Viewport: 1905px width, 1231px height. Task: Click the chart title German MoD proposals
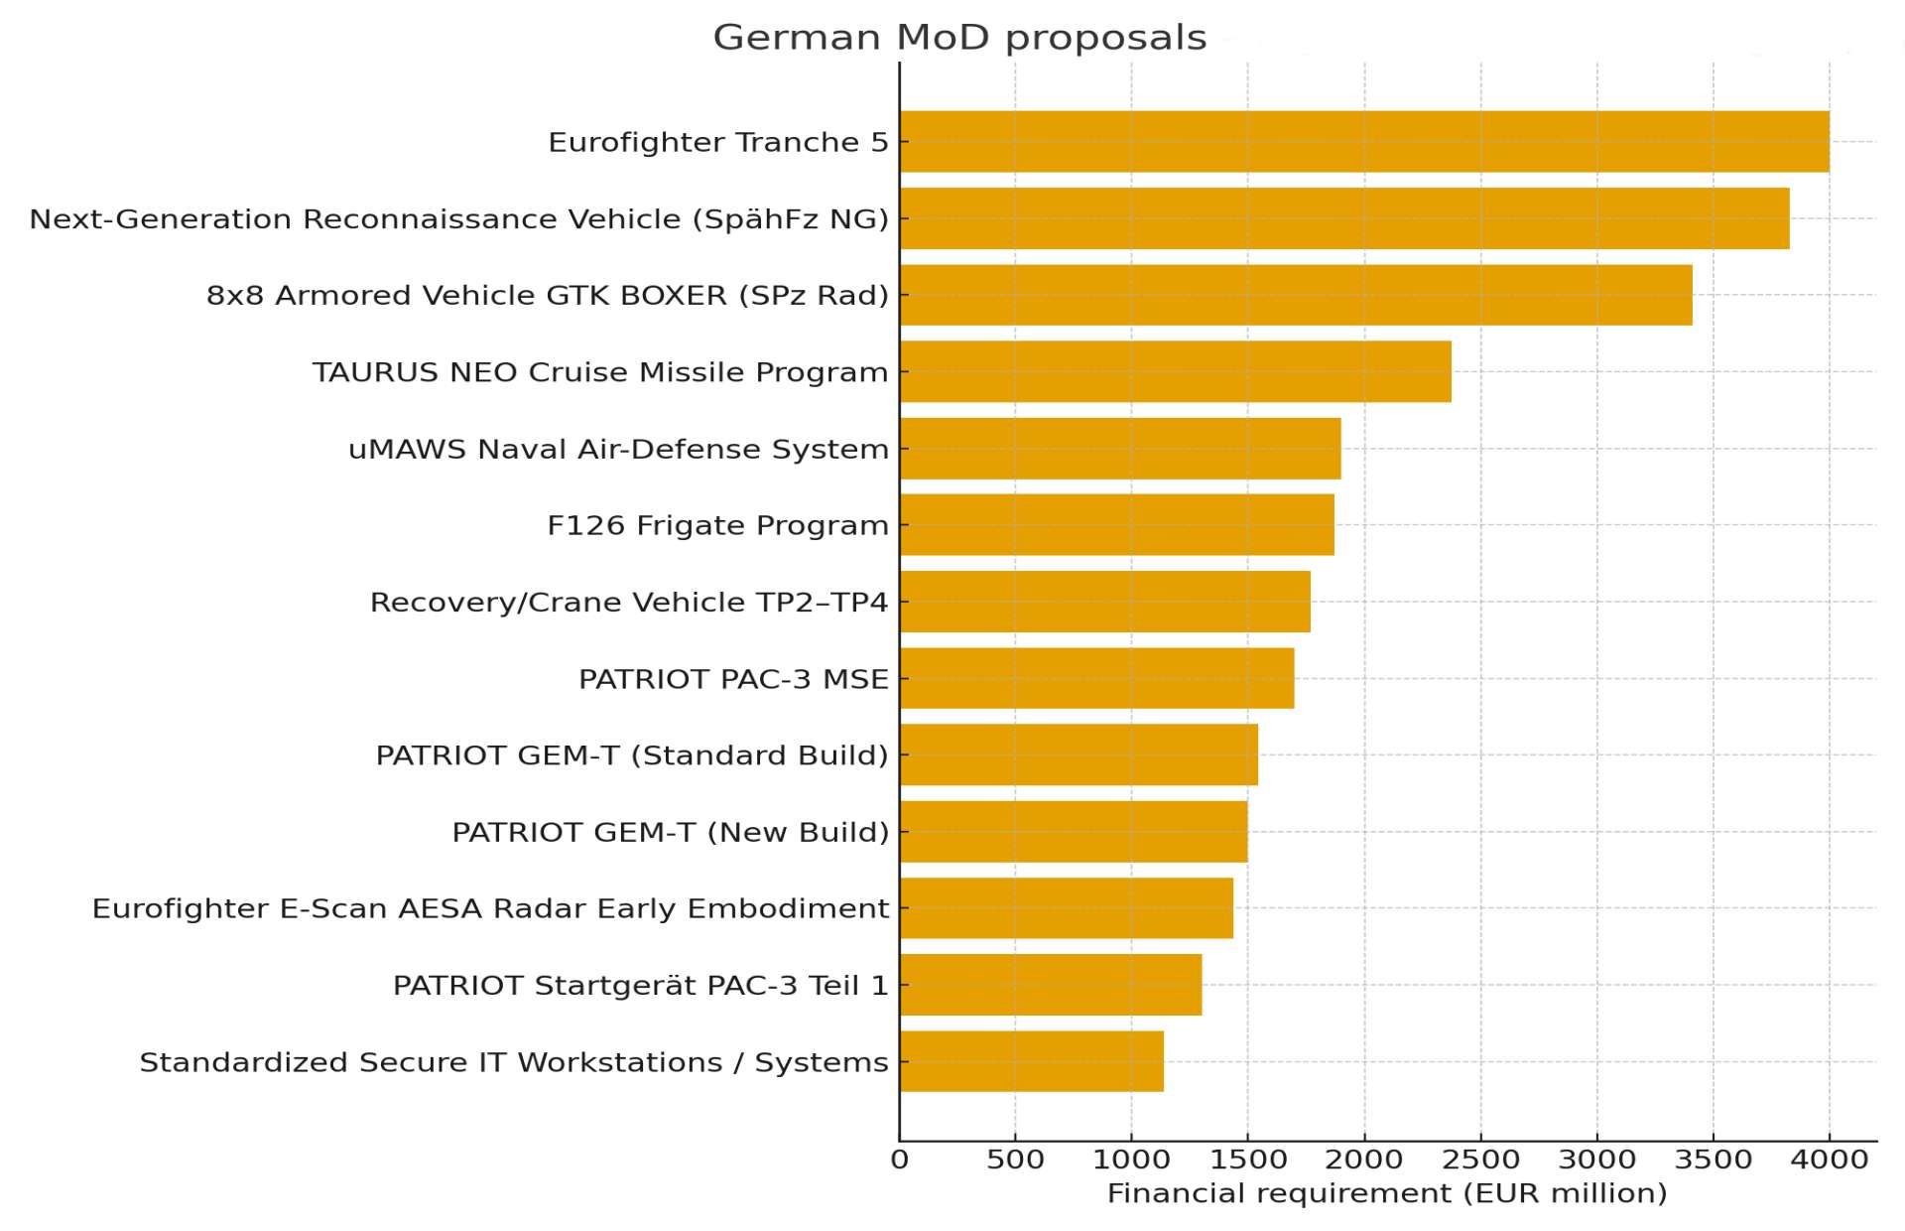click(959, 38)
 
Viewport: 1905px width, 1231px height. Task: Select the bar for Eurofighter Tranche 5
click(1364, 142)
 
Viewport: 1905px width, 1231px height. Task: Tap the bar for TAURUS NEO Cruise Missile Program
click(1175, 371)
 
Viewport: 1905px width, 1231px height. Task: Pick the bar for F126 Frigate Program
click(1116, 525)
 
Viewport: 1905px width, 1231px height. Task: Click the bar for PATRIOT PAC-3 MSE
click(1096, 678)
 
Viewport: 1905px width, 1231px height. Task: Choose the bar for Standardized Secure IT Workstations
click(1031, 1061)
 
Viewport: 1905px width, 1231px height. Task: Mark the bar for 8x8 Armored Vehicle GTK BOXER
click(1296, 295)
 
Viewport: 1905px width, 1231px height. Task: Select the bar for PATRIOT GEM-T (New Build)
click(1074, 832)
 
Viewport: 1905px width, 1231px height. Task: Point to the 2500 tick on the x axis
click(1480, 1160)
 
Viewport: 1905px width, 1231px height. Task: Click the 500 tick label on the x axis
click(1015, 1160)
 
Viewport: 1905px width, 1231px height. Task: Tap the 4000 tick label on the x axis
click(1830, 1160)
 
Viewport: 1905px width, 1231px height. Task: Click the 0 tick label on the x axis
click(899, 1160)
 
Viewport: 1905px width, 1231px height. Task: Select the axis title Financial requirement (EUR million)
click(1386, 1193)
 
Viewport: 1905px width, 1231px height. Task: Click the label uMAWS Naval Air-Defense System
click(618, 449)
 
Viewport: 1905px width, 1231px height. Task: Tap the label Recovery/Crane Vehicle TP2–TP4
click(629, 602)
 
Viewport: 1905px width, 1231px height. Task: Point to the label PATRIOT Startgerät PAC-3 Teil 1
click(641, 985)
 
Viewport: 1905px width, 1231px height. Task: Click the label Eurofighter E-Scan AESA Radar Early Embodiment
click(490, 908)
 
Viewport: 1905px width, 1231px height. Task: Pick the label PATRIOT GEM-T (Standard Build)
click(632, 755)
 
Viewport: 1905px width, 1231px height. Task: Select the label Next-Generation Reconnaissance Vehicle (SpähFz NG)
click(458, 218)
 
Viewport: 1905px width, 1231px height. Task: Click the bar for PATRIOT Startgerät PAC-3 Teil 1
click(1050, 985)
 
